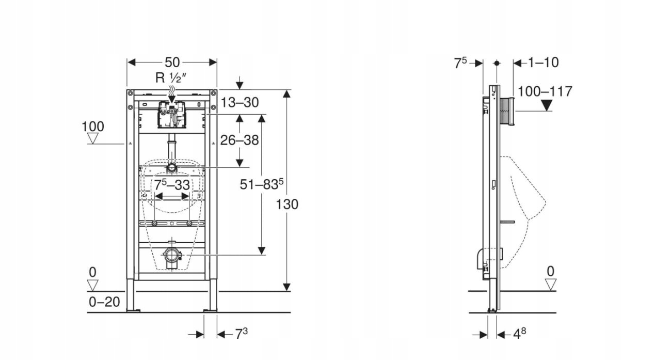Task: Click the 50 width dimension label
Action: coord(172,62)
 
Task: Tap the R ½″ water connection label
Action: coord(171,77)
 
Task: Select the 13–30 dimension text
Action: coord(240,103)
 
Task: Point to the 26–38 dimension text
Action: coord(240,140)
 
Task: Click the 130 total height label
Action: coord(287,205)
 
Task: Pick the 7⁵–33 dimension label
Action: coord(172,185)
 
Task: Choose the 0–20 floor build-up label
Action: coord(104,302)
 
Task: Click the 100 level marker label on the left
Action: coord(93,127)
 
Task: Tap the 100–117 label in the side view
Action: coord(545,91)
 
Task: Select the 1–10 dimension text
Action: coord(544,62)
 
